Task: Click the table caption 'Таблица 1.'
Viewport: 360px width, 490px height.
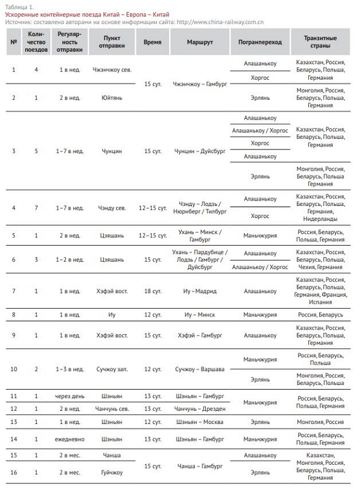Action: pyautogui.click(x=20, y=6)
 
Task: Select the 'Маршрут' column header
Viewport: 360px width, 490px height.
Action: pyautogui.click(x=199, y=43)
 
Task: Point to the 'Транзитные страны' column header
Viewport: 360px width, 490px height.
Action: pyautogui.click(x=321, y=43)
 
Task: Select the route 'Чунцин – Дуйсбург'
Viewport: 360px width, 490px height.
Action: pyautogui.click(x=199, y=151)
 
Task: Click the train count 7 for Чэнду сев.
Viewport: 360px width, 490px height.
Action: pyautogui.click(x=36, y=208)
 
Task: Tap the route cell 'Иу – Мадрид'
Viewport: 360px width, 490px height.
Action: pyautogui.click(x=199, y=291)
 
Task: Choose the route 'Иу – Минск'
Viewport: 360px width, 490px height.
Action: pyautogui.click(x=199, y=315)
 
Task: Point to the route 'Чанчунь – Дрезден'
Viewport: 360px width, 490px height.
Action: pyautogui.click(x=199, y=409)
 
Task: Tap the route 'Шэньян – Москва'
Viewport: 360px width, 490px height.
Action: pyautogui.click(x=199, y=422)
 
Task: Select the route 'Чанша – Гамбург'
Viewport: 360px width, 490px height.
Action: pyautogui.click(x=199, y=465)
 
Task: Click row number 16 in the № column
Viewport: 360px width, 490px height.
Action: pyautogui.click(x=14, y=473)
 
